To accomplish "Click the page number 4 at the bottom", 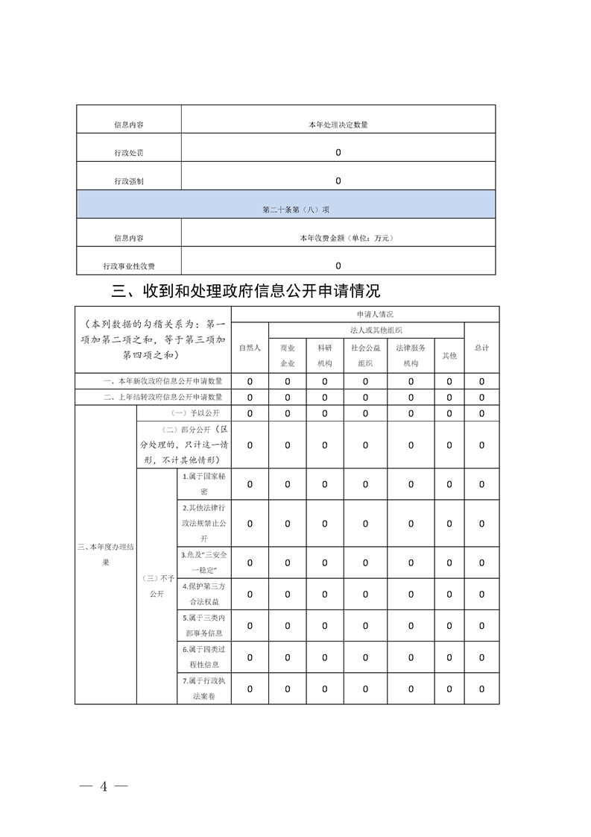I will (105, 786).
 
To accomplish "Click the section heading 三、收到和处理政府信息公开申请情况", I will (246, 290).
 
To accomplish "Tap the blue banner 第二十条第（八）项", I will (285, 210).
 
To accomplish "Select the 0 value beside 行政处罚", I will (338, 153).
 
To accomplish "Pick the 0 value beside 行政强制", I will (338, 181).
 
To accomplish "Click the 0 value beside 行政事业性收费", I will (338, 266).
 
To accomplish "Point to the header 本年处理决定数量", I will (338, 125).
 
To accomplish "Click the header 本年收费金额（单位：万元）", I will (338, 238).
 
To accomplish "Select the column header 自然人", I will (250, 348).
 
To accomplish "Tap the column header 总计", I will (481, 348).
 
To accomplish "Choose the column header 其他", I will (449, 356).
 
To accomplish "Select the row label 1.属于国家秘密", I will (203, 484).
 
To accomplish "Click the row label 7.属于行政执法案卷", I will (203, 688).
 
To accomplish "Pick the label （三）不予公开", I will (157, 586).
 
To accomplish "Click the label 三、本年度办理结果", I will (106, 554).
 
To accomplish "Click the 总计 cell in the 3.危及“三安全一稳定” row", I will (481, 562).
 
